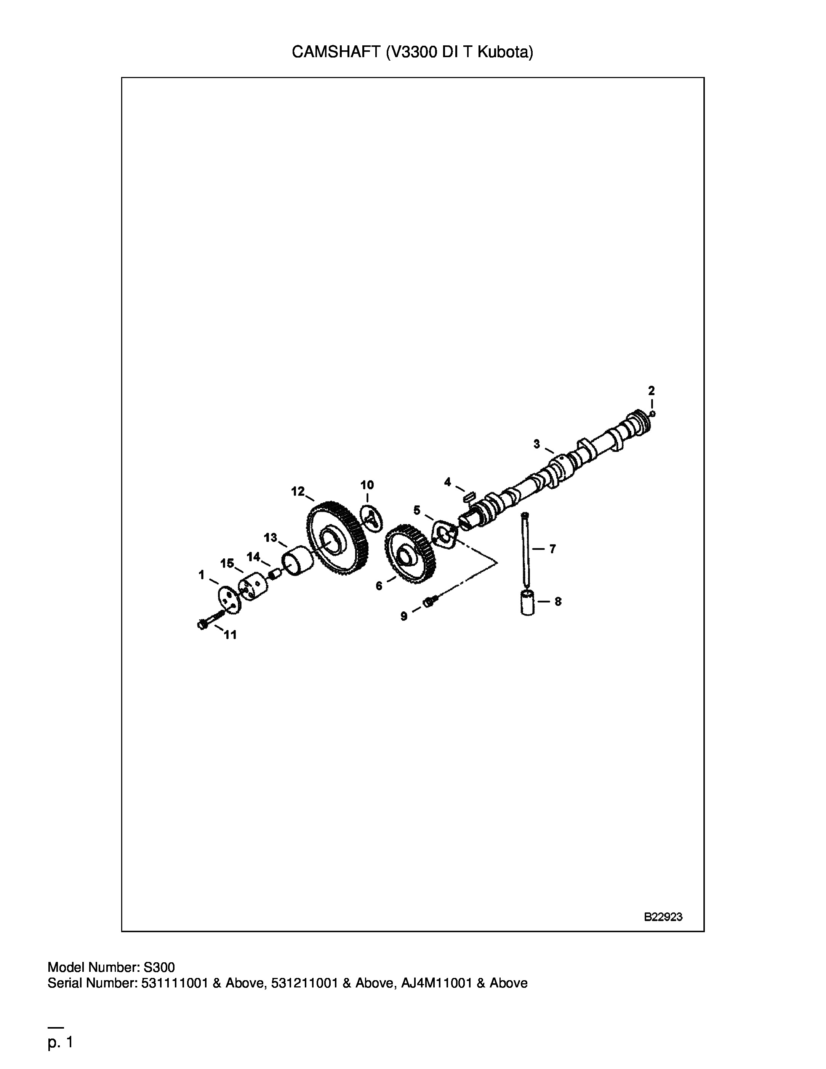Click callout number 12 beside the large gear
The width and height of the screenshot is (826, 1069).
point(298,491)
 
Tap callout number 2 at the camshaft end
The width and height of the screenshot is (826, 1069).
point(651,391)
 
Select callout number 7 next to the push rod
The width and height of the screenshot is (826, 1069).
point(552,549)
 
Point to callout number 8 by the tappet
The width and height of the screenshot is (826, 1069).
point(558,601)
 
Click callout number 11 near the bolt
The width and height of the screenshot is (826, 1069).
point(231,635)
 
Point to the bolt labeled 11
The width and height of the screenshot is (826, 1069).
point(210,620)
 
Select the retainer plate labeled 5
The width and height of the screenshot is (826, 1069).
point(445,535)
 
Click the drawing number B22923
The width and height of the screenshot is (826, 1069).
point(663,917)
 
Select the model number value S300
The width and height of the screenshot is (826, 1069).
point(159,967)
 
